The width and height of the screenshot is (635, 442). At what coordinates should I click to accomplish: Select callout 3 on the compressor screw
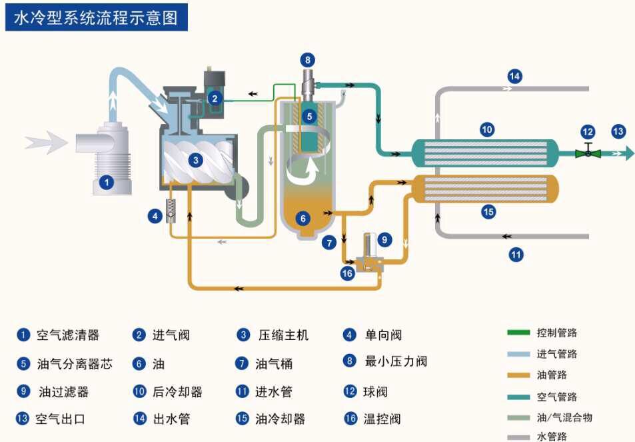(x=195, y=160)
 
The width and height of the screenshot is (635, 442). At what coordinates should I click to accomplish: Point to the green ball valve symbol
(x=588, y=153)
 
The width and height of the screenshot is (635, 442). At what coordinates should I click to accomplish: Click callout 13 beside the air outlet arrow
(x=618, y=131)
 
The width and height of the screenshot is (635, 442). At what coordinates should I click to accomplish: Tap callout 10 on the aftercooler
(x=486, y=129)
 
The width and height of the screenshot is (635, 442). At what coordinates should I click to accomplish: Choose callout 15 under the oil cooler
(x=488, y=212)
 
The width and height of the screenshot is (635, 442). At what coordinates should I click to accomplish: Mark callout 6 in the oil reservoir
(x=304, y=217)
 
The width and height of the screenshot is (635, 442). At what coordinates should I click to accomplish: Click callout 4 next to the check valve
(x=155, y=215)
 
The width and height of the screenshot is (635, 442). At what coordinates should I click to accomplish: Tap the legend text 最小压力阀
(x=396, y=361)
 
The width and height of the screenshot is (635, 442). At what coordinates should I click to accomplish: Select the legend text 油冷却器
(x=280, y=419)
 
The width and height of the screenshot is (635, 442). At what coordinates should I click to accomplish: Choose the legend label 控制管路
(x=557, y=332)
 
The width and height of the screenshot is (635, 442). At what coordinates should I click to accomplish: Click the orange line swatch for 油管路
(x=518, y=375)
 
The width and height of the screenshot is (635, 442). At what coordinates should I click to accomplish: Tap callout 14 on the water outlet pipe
(x=514, y=75)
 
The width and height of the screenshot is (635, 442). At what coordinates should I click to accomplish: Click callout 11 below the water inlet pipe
(x=516, y=253)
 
